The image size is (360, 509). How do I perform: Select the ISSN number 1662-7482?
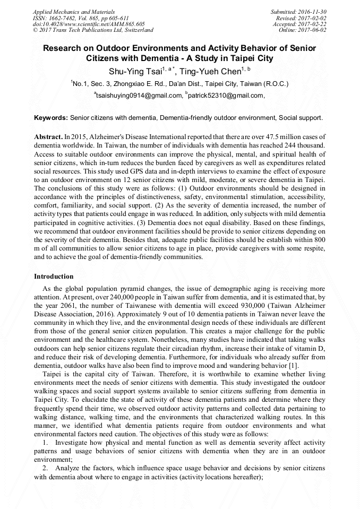click(66, 18)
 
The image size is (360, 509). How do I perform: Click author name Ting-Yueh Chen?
click(210, 72)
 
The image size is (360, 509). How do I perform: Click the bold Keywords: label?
click(51, 117)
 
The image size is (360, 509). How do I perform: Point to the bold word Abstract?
click(47, 137)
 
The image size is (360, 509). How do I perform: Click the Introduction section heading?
click(54, 277)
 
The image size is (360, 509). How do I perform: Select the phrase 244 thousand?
click(302, 145)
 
